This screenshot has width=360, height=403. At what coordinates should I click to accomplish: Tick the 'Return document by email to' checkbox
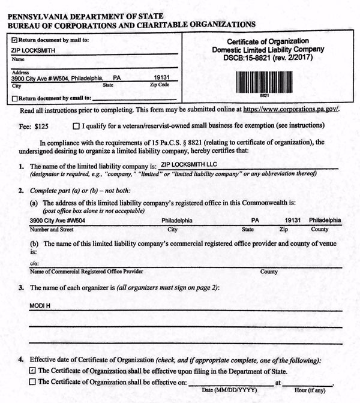point(14,97)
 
